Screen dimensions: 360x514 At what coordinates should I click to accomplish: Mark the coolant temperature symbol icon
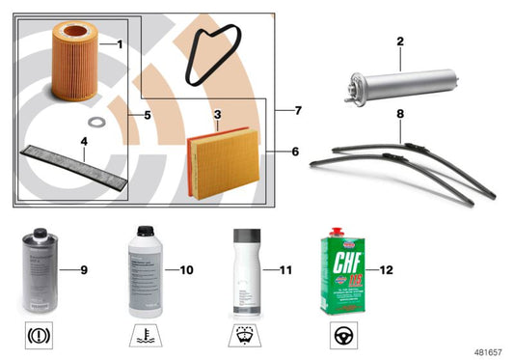147,338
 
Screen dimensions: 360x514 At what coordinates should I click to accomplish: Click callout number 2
399,42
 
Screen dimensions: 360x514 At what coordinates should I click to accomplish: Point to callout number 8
399,114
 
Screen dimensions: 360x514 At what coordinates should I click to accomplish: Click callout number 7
299,111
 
